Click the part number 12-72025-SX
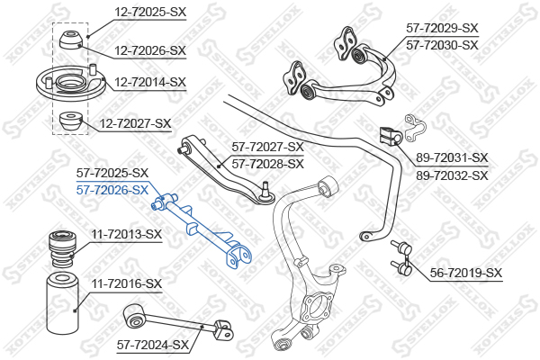[150, 12]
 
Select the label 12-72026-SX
[150, 50]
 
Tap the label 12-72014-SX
[150, 82]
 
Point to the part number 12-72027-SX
[135, 123]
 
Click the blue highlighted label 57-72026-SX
[112, 190]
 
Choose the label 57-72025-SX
[112, 173]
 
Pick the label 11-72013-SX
[126, 235]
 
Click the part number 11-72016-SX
[126, 283]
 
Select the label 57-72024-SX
[153, 345]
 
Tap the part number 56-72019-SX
[466, 274]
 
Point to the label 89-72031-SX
[452, 157]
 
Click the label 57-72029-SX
[442, 28]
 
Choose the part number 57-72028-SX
[268, 164]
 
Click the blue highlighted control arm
[203, 229]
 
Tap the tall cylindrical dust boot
[62, 303]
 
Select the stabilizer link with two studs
[402, 257]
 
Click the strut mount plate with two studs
[70, 83]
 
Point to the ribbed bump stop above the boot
[62, 248]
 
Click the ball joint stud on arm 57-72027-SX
[265, 189]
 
